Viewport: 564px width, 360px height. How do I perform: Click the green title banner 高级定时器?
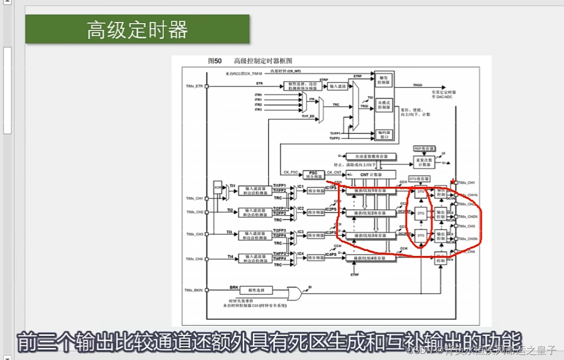137,29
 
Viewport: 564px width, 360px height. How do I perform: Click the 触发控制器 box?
384,79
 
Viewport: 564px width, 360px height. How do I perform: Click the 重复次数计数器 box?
425,162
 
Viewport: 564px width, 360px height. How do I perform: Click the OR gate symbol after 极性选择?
295,293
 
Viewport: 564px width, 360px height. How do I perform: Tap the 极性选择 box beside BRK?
254,290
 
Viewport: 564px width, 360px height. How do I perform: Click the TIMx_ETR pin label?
194,87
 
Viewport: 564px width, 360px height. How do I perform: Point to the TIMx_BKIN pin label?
194,290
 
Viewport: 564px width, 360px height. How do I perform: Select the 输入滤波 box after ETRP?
338,86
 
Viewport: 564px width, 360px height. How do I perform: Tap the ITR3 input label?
258,110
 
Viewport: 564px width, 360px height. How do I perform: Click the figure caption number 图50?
215,60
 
